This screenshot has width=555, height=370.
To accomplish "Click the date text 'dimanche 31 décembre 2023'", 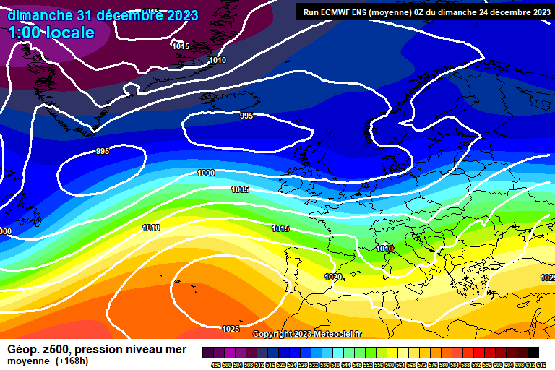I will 103,15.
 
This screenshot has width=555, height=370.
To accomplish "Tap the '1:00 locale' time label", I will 51,33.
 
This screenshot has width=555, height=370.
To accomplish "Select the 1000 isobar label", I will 206,173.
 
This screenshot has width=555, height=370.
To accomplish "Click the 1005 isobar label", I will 240,189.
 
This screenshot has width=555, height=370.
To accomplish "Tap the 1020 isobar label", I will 333,277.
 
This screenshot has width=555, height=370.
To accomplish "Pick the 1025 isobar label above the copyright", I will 231,329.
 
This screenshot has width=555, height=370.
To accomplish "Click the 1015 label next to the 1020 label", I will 280,228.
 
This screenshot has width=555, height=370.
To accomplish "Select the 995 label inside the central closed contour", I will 246,116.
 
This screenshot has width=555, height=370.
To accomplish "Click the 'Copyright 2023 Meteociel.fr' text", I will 307,334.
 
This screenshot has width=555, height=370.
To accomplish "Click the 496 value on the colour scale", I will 215,365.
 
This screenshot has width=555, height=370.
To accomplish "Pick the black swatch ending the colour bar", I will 533,352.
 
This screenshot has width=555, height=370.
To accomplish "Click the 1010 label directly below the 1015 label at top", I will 218,60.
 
